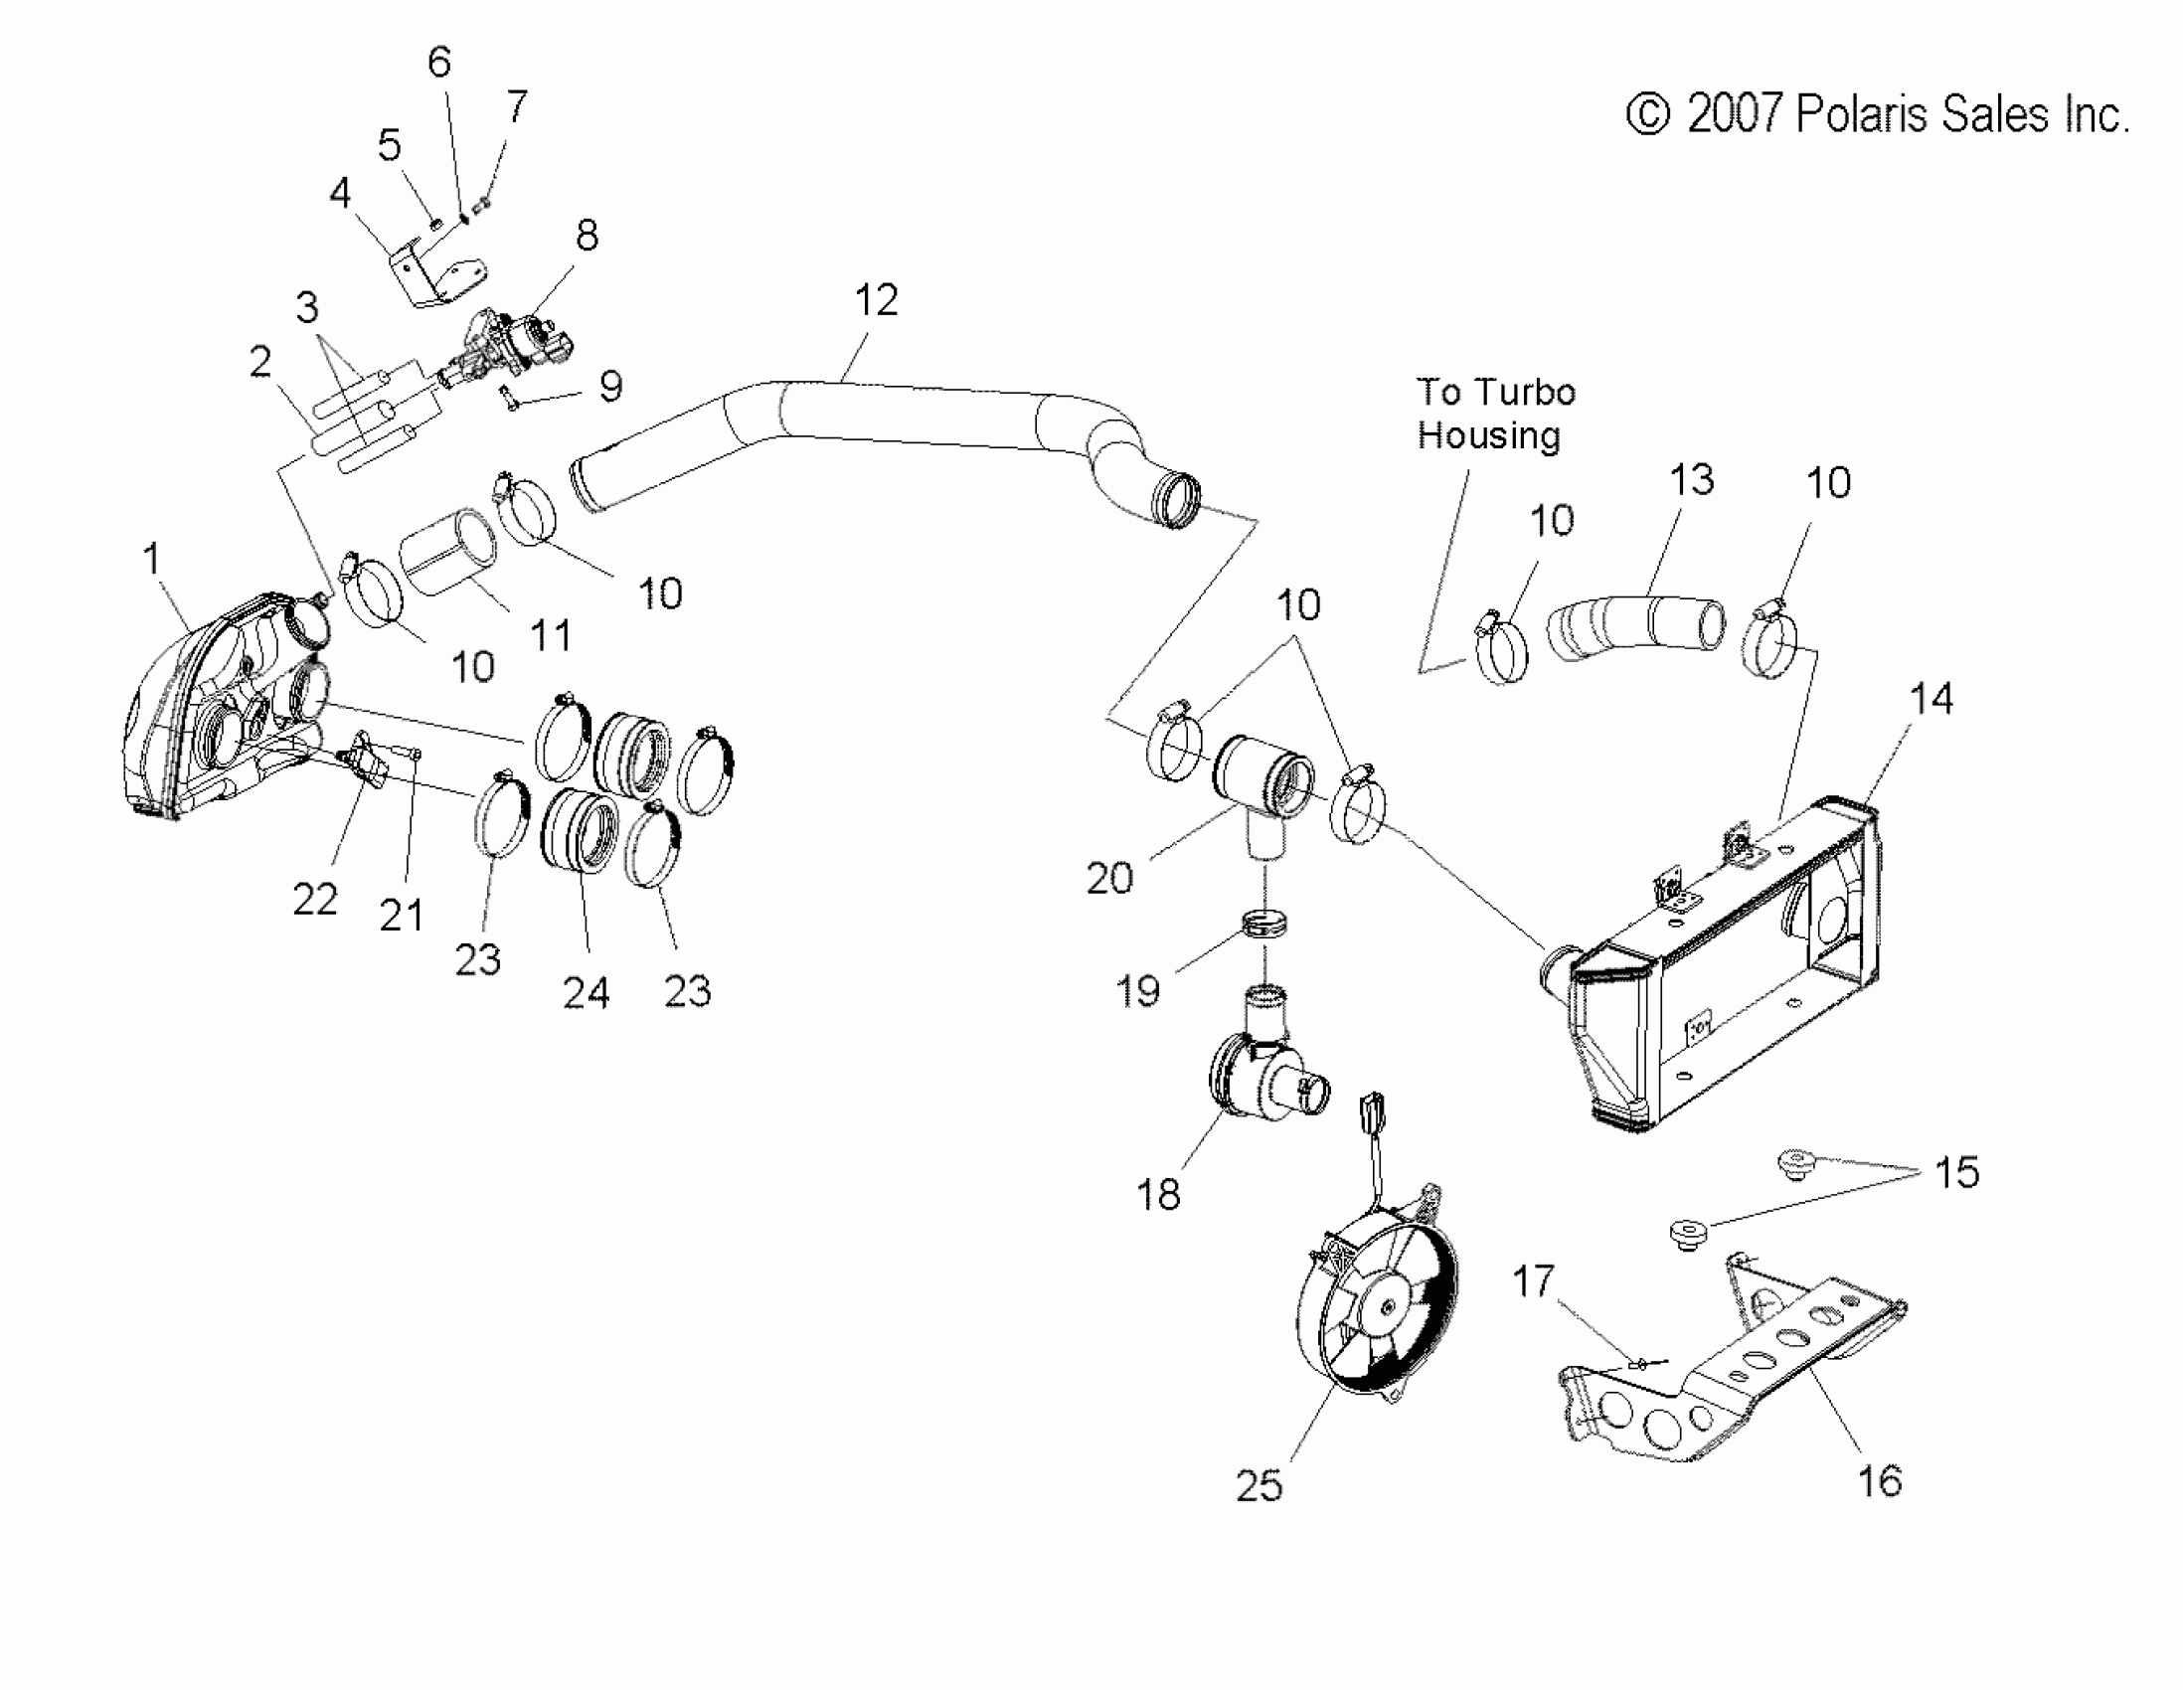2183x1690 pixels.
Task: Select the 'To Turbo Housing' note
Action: click(x=1495, y=414)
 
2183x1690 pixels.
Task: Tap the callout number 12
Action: click(x=876, y=300)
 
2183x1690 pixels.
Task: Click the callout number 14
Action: click(x=1931, y=699)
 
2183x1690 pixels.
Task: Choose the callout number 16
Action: click(x=1879, y=1480)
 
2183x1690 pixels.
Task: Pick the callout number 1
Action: click(x=152, y=558)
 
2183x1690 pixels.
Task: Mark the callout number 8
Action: click(x=587, y=236)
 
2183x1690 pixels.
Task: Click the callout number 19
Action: click(x=1137, y=990)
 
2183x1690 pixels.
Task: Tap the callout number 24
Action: click(x=586, y=992)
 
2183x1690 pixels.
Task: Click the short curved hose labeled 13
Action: click(x=1635, y=626)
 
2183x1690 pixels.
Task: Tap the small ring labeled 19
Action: click(x=1264, y=924)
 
